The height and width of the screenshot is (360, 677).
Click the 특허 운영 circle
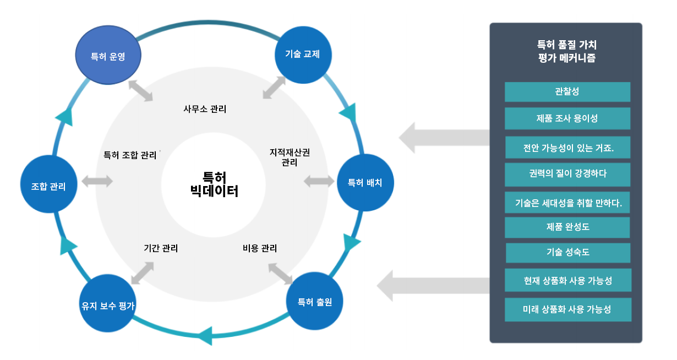[108, 56]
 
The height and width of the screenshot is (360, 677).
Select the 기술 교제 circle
[302, 54]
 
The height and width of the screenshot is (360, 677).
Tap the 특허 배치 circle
[365, 182]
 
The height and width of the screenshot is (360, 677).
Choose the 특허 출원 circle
[315, 302]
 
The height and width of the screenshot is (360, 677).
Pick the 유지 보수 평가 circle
[108, 306]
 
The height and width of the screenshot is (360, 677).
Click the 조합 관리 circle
[48, 186]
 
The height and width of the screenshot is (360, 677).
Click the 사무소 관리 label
[205, 109]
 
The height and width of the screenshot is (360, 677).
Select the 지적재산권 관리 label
[290, 157]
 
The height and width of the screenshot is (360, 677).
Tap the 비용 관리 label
[260, 248]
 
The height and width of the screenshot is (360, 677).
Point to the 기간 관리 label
[161, 248]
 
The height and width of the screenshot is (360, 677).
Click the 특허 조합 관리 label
[130, 155]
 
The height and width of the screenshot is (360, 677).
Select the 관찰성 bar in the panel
[567, 91]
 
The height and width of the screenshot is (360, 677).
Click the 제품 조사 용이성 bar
[567, 118]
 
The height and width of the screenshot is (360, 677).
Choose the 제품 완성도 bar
[567, 227]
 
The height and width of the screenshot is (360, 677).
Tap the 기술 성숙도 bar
[567, 253]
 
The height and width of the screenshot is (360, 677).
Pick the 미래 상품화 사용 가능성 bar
[567, 309]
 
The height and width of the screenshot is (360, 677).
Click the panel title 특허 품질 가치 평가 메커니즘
[566, 51]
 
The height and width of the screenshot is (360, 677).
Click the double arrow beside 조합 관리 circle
[97, 181]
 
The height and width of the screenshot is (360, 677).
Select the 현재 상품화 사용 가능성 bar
[567, 280]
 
